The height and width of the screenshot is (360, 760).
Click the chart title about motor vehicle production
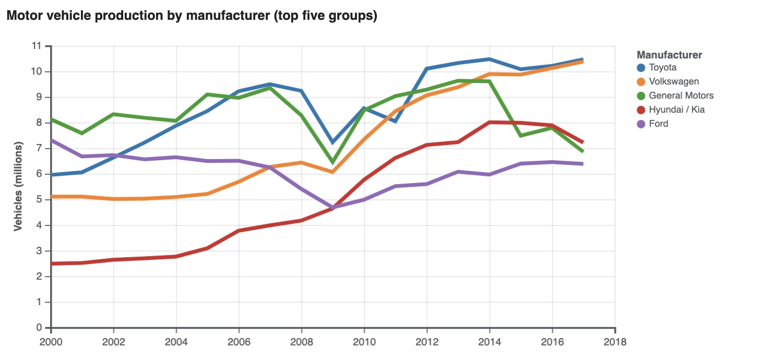[191, 16]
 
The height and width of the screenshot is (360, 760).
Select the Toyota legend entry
[662, 67]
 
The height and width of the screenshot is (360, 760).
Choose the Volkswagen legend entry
[673, 81]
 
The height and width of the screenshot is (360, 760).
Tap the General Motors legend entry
[681, 95]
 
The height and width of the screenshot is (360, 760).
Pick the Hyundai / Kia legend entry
[676, 110]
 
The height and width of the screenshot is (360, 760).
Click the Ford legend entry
[658, 124]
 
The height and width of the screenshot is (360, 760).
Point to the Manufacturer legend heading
[669, 55]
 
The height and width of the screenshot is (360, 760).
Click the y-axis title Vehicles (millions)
[18, 186]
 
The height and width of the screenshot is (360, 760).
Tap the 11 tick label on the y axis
[37, 46]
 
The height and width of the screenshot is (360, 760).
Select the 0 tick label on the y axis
[39, 328]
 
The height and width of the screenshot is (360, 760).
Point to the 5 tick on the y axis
[39, 200]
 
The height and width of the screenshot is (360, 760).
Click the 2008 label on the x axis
[301, 342]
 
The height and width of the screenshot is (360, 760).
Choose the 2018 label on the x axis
[615, 342]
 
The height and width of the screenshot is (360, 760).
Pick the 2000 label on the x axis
[51, 342]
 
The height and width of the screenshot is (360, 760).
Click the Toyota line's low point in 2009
[332, 142]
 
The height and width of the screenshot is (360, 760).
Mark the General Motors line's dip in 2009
[332, 163]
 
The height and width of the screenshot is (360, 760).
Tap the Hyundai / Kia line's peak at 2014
[490, 122]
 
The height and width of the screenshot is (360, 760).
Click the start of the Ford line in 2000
[51, 140]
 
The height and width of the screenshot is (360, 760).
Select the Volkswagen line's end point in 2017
[583, 62]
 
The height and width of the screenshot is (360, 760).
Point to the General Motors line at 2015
[520, 136]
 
